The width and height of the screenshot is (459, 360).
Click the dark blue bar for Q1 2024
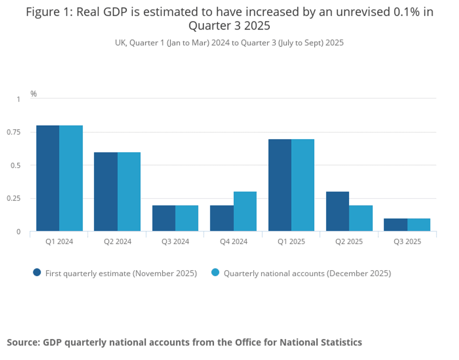point(48,178)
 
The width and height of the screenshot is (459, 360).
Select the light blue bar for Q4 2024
point(245,211)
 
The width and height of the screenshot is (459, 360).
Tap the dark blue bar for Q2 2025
point(337,211)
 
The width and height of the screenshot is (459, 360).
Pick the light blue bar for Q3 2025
point(419,225)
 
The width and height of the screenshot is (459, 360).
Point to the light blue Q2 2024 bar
point(129,191)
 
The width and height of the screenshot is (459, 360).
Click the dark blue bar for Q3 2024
point(163,218)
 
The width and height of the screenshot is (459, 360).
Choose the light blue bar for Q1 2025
point(303,185)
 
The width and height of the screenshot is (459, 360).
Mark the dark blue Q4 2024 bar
point(222,218)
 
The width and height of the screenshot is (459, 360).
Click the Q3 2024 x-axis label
point(175,242)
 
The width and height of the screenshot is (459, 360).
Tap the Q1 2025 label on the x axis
point(291,242)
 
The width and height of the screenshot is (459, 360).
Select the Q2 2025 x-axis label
point(349,242)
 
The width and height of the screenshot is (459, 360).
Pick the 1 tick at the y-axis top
point(19,99)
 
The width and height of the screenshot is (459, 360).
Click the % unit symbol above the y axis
point(34,94)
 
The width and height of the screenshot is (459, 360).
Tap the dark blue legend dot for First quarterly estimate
point(37,272)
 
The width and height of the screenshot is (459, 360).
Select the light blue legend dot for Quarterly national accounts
point(215,272)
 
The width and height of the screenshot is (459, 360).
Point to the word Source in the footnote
point(22,342)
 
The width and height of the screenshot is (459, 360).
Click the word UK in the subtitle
point(120,43)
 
